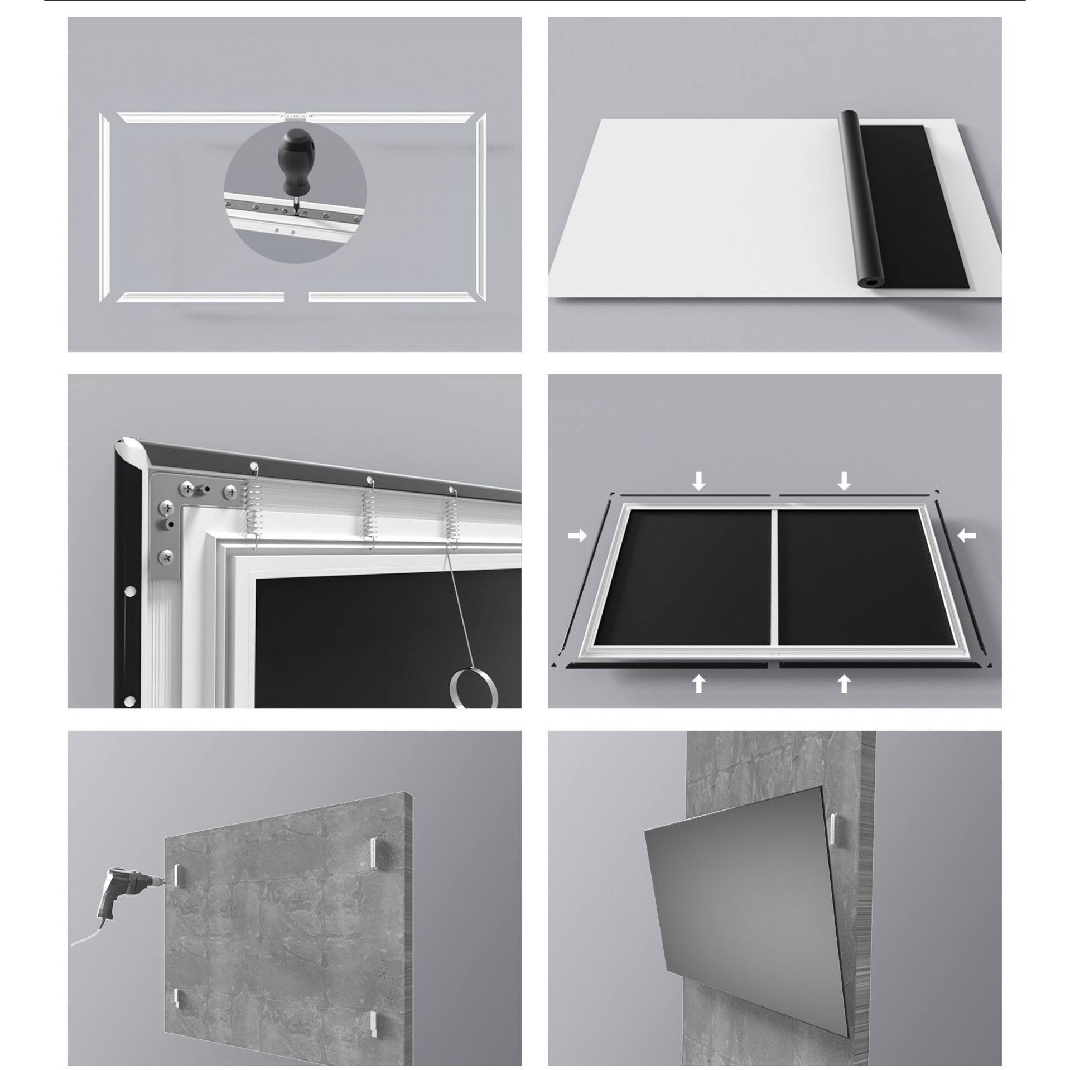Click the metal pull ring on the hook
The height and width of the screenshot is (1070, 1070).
[x=473, y=690]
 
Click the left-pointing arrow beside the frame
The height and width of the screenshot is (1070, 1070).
[x=968, y=536]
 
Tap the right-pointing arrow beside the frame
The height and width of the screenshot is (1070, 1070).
[x=577, y=536]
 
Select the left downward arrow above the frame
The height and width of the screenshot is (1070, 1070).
[x=698, y=480]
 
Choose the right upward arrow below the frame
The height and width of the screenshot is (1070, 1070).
[x=844, y=683]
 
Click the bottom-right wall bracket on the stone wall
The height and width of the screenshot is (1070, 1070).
[x=372, y=1004]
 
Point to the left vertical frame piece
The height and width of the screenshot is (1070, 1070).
[x=104, y=207]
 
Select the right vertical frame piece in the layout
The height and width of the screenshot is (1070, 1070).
[x=481, y=207]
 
